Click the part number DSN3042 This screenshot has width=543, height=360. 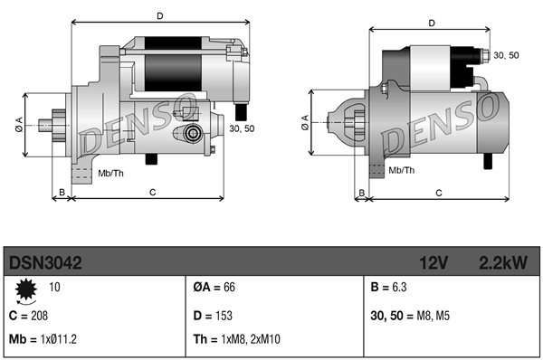click(45, 262)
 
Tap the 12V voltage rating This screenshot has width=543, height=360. click(433, 262)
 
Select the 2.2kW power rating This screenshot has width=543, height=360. click(503, 262)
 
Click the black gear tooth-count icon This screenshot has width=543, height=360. click(26, 289)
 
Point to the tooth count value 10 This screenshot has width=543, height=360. click(54, 287)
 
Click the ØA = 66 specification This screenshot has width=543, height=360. click(214, 287)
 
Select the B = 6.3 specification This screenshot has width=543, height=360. click(388, 287)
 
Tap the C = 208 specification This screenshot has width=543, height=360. click(28, 316)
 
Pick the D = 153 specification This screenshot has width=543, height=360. click(213, 316)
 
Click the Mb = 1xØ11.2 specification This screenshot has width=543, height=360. click(43, 339)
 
